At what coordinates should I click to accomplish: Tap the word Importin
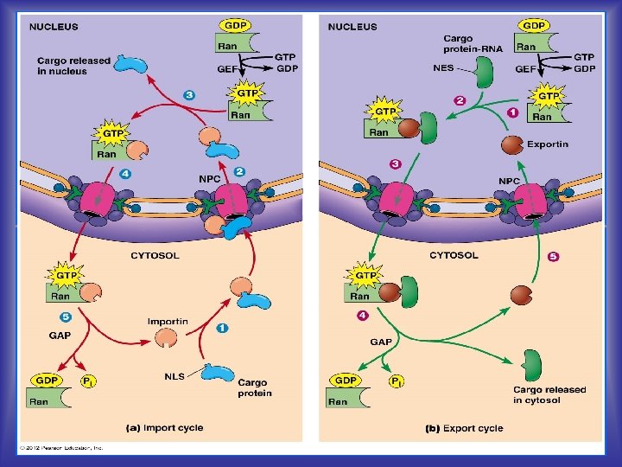coord(168,322)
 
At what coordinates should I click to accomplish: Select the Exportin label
coord(548,144)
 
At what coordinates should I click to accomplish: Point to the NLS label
coord(175,376)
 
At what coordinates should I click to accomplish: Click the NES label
coord(443,68)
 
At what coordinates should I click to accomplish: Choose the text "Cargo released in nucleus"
coord(73,65)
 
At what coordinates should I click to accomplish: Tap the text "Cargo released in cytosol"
coord(549,394)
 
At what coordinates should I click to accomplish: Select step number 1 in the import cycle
coord(223,328)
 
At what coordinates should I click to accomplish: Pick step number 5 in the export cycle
coord(554,257)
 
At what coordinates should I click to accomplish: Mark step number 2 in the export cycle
coord(460,101)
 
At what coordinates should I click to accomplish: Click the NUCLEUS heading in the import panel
coord(54,27)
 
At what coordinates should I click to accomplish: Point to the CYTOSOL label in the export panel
coord(454,255)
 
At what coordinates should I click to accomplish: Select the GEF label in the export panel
coord(525,68)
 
